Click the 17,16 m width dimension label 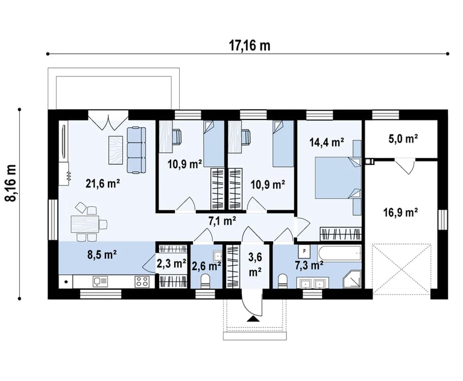coord(250,46)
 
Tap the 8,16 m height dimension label coord(11,183)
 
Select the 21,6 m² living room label coord(102,184)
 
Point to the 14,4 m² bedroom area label coord(327,142)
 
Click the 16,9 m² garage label coord(401,212)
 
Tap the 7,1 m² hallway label coord(222,221)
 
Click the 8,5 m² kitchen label coord(102,254)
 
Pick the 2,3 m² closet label coord(171,263)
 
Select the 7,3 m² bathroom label coord(309,265)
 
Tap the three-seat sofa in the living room coord(136,150)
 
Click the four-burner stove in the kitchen coord(142,282)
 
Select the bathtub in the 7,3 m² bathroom coord(339,253)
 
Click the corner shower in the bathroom coord(353,279)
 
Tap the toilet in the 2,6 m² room coord(206,281)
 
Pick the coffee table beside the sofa coord(116,150)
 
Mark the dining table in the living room coord(85,224)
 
